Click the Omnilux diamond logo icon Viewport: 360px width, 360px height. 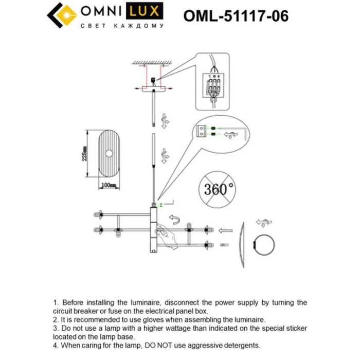[62, 16]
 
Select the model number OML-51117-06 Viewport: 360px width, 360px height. [236, 16]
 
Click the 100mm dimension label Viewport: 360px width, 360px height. [108, 184]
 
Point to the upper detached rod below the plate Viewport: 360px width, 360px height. [154, 111]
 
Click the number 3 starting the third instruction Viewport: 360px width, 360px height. [55, 327]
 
